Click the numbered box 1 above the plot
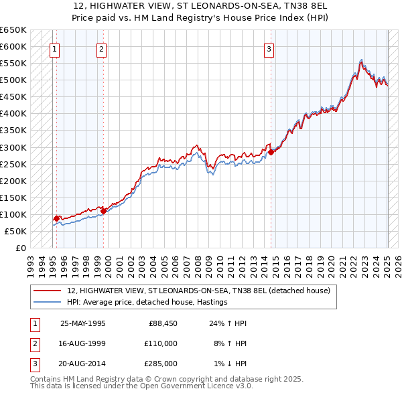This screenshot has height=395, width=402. click(x=54, y=48)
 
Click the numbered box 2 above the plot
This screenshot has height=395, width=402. click(x=101, y=48)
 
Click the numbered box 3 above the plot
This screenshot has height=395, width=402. click(x=268, y=48)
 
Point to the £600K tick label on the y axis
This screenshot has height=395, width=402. click(x=13, y=47)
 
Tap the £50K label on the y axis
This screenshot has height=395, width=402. click(x=15, y=231)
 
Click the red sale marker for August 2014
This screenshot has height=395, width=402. click(x=271, y=152)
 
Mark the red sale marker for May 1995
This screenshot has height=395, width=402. click(x=56, y=218)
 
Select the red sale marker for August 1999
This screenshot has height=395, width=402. click(x=104, y=211)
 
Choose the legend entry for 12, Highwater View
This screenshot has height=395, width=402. click(x=198, y=291)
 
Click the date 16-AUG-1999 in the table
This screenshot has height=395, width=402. click(x=82, y=343)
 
